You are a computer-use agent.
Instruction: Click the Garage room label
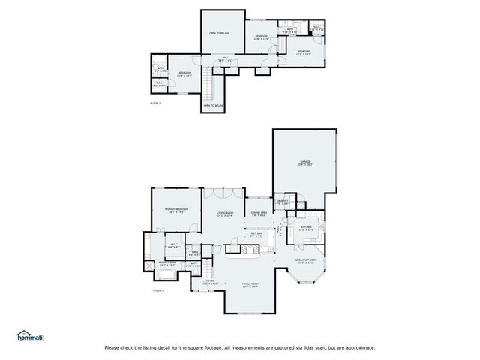305,161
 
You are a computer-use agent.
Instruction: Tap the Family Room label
250,283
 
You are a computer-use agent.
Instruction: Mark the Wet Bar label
255,234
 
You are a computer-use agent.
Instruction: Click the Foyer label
209,282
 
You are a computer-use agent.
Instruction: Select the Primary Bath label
166,262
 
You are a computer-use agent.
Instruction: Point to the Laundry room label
283,201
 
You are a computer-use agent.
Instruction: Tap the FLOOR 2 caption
156,102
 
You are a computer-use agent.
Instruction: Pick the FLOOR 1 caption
158,289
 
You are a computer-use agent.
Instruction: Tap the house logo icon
23,333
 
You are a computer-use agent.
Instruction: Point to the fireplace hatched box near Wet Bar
238,247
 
